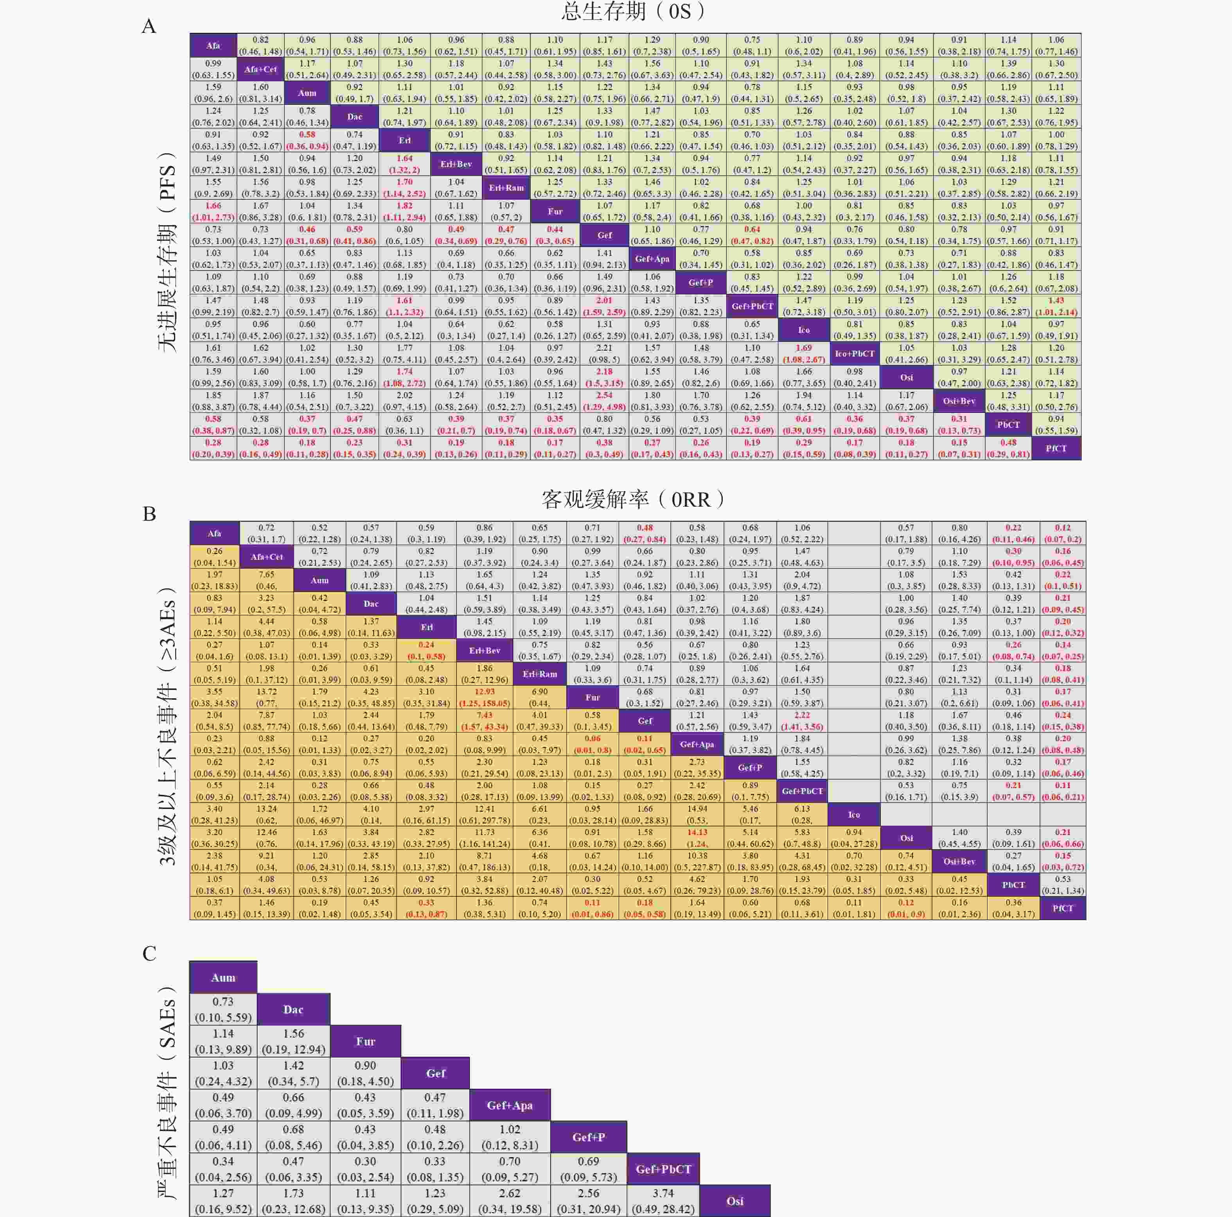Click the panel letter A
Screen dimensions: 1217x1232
149,26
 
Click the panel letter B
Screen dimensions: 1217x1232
149,514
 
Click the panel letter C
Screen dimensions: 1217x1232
149,954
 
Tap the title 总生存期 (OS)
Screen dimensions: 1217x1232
634,11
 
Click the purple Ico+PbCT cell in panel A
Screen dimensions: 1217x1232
855,353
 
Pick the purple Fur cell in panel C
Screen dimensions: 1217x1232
365,1041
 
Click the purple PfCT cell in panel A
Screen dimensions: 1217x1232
1056,448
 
